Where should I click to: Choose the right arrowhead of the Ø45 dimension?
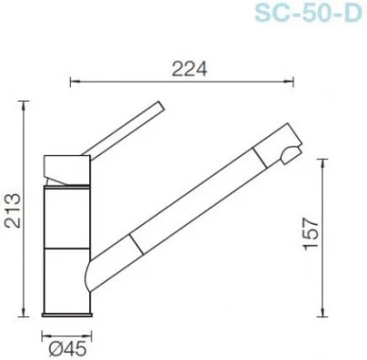pyautogui.click(x=92, y=334)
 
